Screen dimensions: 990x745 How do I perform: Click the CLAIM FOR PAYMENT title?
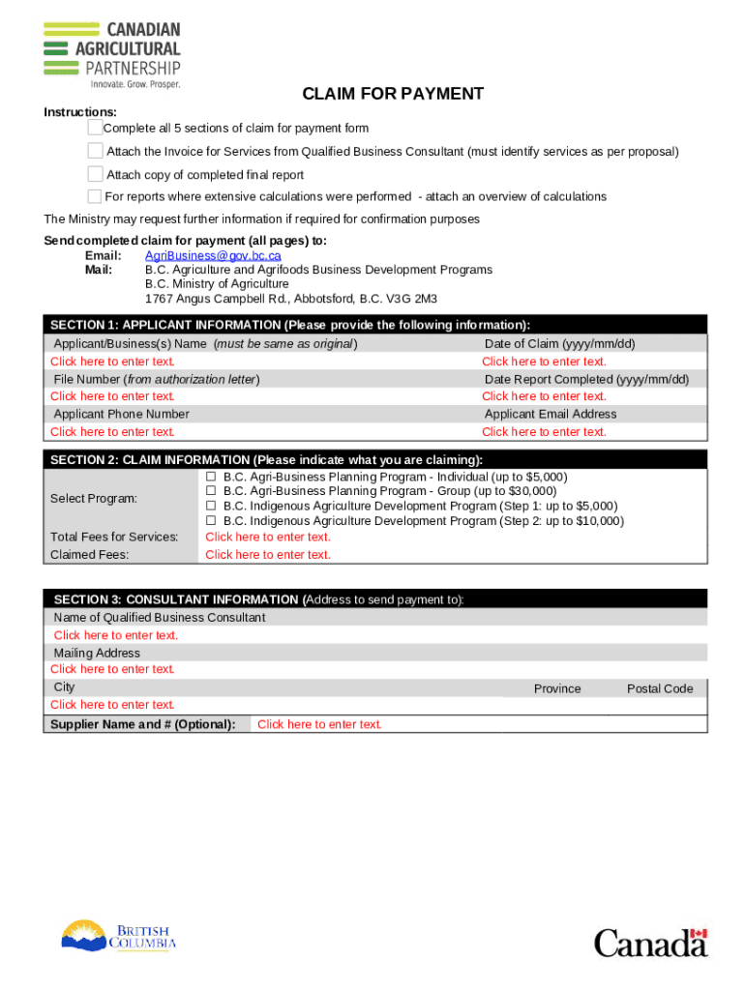pyautogui.click(x=392, y=94)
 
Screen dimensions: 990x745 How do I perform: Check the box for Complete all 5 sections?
pyautogui.click(x=95, y=128)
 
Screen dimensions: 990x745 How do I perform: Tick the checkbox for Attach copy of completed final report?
pyautogui.click(x=95, y=174)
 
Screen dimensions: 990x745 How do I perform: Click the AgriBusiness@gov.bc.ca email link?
pyautogui.click(x=213, y=255)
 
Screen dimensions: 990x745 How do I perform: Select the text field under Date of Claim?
pyautogui.click(x=544, y=362)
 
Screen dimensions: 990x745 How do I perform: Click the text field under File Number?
pyautogui.click(x=112, y=396)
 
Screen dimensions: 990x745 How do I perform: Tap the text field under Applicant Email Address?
pyautogui.click(x=544, y=432)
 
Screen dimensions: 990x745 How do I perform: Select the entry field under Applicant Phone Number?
pyautogui.click(x=112, y=432)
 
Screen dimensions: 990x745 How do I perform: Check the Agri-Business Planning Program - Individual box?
pyautogui.click(x=210, y=478)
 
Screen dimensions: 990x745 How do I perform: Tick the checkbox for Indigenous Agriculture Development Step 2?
pyautogui.click(x=210, y=521)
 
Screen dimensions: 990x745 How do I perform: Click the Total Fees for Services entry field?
pyautogui.click(x=268, y=538)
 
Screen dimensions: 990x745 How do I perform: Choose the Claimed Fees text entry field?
pyautogui.click(x=268, y=555)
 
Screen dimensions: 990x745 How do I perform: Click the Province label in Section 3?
pyautogui.click(x=557, y=689)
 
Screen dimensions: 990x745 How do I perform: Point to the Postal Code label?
pyautogui.click(x=660, y=689)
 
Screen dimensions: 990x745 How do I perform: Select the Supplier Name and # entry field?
pyautogui.click(x=319, y=724)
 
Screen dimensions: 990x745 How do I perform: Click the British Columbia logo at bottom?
pyautogui.click(x=119, y=935)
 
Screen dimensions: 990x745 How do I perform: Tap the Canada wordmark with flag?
pyautogui.click(x=650, y=942)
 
